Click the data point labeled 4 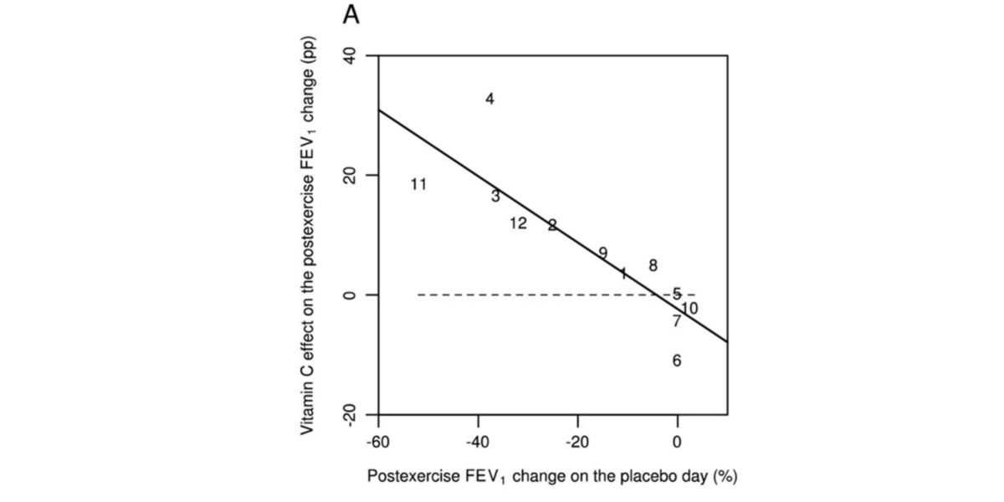point(490,100)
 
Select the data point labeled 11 point(419,185)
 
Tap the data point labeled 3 point(495,197)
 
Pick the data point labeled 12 point(518,223)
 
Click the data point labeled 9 point(603,254)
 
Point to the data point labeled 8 point(653,266)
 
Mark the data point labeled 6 point(677,361)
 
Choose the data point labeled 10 point(689,309)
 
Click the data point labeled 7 point(677,321)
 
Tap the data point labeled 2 point(552,226)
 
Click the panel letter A point(351,17)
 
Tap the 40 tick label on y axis point(351,55)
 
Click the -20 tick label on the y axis point(351,415)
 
